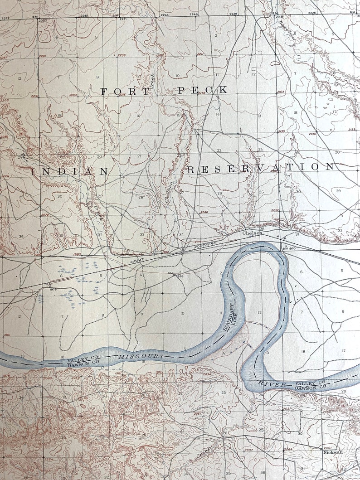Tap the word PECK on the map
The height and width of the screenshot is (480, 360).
202,90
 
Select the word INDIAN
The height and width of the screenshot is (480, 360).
70,171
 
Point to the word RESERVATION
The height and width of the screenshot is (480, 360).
260,168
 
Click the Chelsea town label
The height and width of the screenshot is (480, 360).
252,233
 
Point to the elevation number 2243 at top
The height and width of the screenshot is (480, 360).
164,15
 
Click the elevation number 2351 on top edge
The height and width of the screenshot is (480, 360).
84,16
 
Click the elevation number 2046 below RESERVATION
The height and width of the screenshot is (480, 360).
204,212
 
